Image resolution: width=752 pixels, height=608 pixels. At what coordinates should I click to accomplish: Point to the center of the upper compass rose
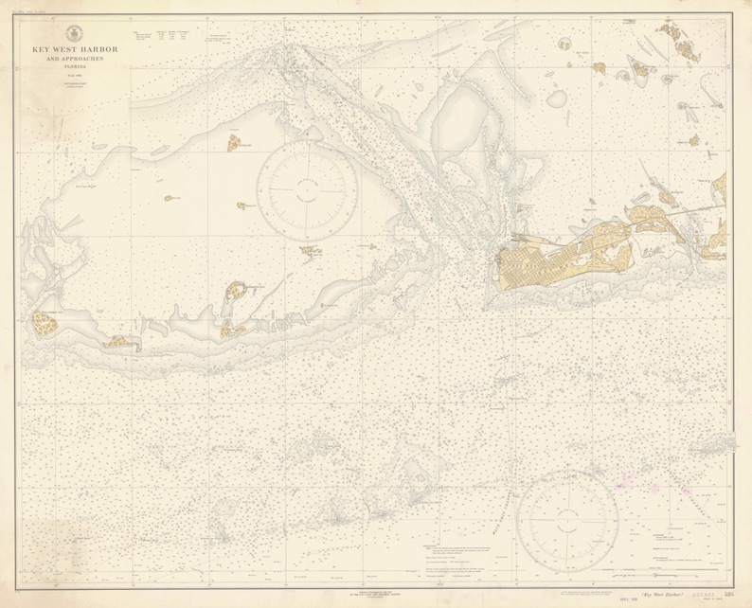pyautogui.click(x=309, y=188)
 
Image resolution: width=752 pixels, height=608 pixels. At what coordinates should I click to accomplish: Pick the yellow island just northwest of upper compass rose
pyautogui.click(x=234, y=142)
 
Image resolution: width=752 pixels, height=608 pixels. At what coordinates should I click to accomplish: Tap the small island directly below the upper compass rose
pyautogui.click(x=310, y=251)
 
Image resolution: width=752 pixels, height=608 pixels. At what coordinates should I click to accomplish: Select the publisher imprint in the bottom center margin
pyautogui.click(x=377, y=594)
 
